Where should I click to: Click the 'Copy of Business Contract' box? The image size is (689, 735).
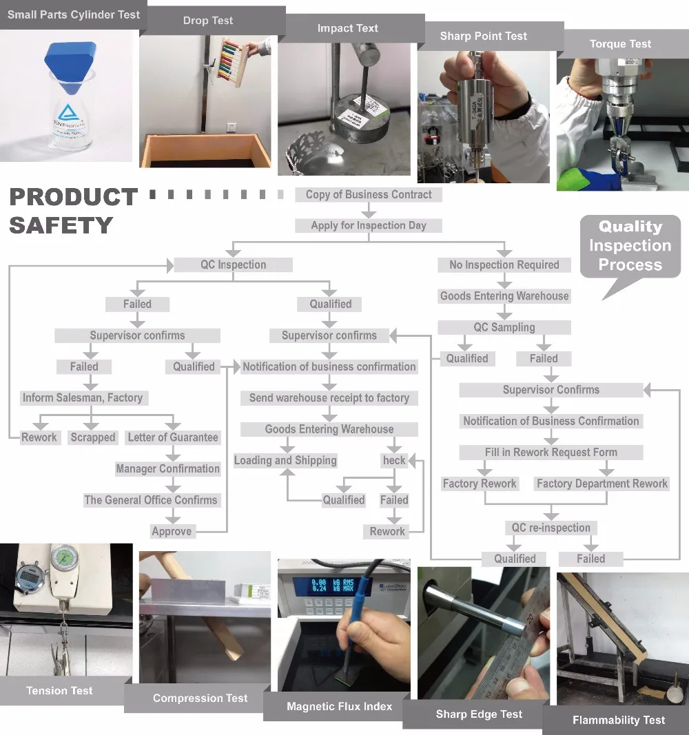pos(369,194)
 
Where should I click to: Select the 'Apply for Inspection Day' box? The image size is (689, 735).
pos(369,225)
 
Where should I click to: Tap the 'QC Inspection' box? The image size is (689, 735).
pos(233,265)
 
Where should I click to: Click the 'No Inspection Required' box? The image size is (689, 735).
pos(504,265)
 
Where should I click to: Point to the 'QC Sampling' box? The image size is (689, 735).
pos(504,327)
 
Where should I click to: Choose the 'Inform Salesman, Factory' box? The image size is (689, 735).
pos(83,398)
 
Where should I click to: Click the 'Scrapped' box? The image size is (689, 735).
pos(93,437)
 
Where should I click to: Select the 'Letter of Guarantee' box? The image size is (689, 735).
pos(173,437)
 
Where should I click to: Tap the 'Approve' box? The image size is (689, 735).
pos(172,531)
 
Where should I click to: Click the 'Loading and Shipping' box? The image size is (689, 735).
pos(285,460)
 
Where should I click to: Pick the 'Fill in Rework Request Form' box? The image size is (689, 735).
pos(551,453)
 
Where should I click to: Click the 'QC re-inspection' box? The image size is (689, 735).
pos(551,528)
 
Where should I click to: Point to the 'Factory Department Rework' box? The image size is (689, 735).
pos(601,484)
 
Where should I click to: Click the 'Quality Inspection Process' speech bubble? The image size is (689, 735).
pos(630,246)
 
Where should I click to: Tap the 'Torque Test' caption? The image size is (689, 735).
pos(621,44)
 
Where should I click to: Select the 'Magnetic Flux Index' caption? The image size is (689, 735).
pos(340,706)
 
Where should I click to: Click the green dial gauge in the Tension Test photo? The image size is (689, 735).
pos(64,561)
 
